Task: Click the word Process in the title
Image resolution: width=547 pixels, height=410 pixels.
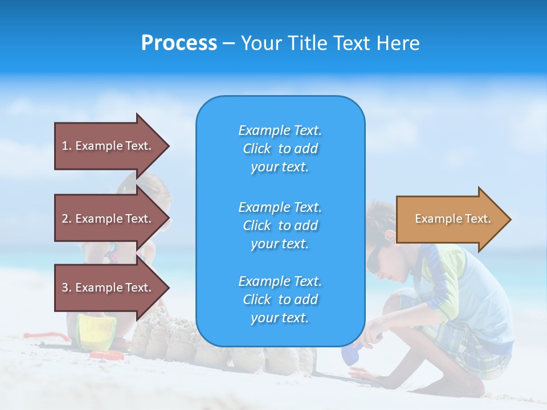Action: (x=179, y=43)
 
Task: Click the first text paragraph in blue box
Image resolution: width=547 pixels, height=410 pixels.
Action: (x=280, y=149)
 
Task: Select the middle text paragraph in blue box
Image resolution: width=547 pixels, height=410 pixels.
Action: (x=280, y=225)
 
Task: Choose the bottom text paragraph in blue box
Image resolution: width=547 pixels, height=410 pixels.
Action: (x=280, y=300)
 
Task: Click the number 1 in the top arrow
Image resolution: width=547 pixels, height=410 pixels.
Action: (x=65, y=146)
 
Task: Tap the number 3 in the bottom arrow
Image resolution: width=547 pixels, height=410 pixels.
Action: (x=65, y=288)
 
